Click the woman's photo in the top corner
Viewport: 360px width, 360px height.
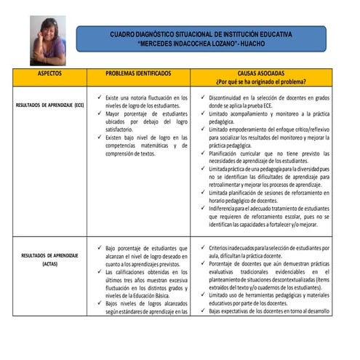(47, 41)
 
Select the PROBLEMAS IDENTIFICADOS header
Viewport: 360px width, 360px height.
(138, 74)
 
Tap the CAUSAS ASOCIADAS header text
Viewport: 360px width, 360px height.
(260, 73)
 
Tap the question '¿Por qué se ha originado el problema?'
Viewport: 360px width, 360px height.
(260, 82)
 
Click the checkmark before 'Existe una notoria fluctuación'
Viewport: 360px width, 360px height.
(99, 97)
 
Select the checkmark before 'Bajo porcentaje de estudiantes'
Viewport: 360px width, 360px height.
(99, 248)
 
